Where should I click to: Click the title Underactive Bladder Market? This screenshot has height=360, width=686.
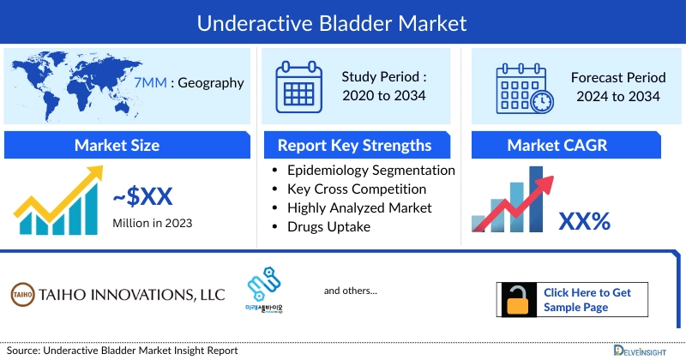point(343,22)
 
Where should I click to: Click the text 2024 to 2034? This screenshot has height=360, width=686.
point(615,96)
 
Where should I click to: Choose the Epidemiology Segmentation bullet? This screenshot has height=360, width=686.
point(370,170)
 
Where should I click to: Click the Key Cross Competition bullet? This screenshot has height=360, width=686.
point(357,189)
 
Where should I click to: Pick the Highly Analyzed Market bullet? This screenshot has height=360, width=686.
point(359,207)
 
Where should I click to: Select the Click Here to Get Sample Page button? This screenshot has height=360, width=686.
point(572,300)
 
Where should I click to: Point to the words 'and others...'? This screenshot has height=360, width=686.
point(350,291)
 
